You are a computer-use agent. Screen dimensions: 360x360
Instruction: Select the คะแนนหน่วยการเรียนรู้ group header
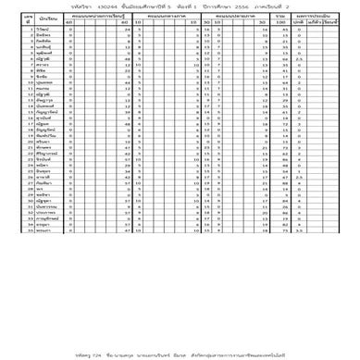tap(102, 16)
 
